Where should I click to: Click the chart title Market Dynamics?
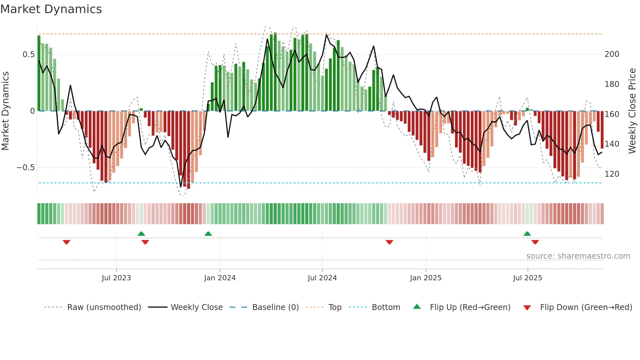[51, 9]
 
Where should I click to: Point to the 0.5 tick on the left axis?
[28, 55]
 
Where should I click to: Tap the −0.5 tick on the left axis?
[25, 168]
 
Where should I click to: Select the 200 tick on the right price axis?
[612, 54]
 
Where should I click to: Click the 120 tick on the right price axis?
[612, 174]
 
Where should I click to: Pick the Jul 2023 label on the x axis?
[116, 278]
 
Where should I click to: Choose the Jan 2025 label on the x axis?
[425, 278]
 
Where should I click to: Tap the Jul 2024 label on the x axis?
[322, 278]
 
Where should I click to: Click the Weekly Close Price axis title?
[632, 111]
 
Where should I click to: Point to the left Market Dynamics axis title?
[5, 111]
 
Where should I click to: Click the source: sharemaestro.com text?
[578, 256]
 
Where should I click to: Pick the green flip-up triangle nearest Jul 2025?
[527, 234]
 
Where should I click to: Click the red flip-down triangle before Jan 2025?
[389, 242]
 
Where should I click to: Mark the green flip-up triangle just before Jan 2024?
[208, 234]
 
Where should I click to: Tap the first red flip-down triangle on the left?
[66, 242]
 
